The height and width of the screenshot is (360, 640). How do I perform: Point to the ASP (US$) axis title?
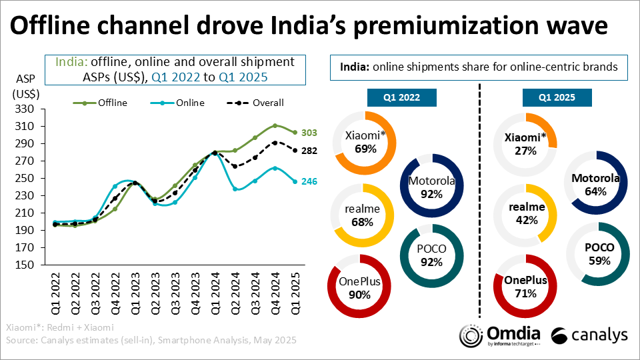tap(27, 86)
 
